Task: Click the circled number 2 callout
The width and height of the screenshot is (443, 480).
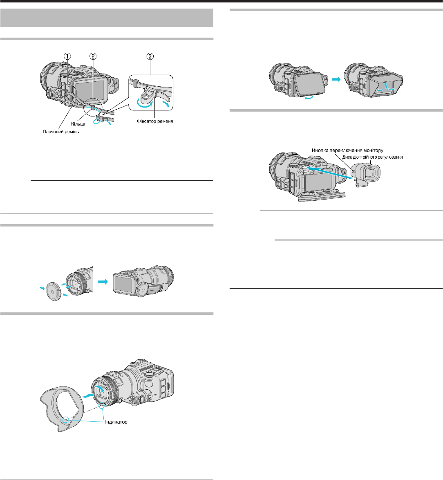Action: coord(93,56)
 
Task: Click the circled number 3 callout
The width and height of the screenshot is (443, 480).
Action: coord(150,56)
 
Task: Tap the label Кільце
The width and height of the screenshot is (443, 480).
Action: coord(78,124)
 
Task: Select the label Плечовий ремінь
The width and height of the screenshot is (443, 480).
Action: coord(61,132)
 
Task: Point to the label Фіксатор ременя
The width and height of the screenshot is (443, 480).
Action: coord(155,121)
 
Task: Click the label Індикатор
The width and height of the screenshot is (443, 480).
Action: coord(116,422)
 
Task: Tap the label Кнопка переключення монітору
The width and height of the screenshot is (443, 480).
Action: coord(347,150)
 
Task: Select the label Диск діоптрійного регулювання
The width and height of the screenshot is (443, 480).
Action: coord(372,157)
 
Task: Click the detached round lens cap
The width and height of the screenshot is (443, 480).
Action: coord(53,291)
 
